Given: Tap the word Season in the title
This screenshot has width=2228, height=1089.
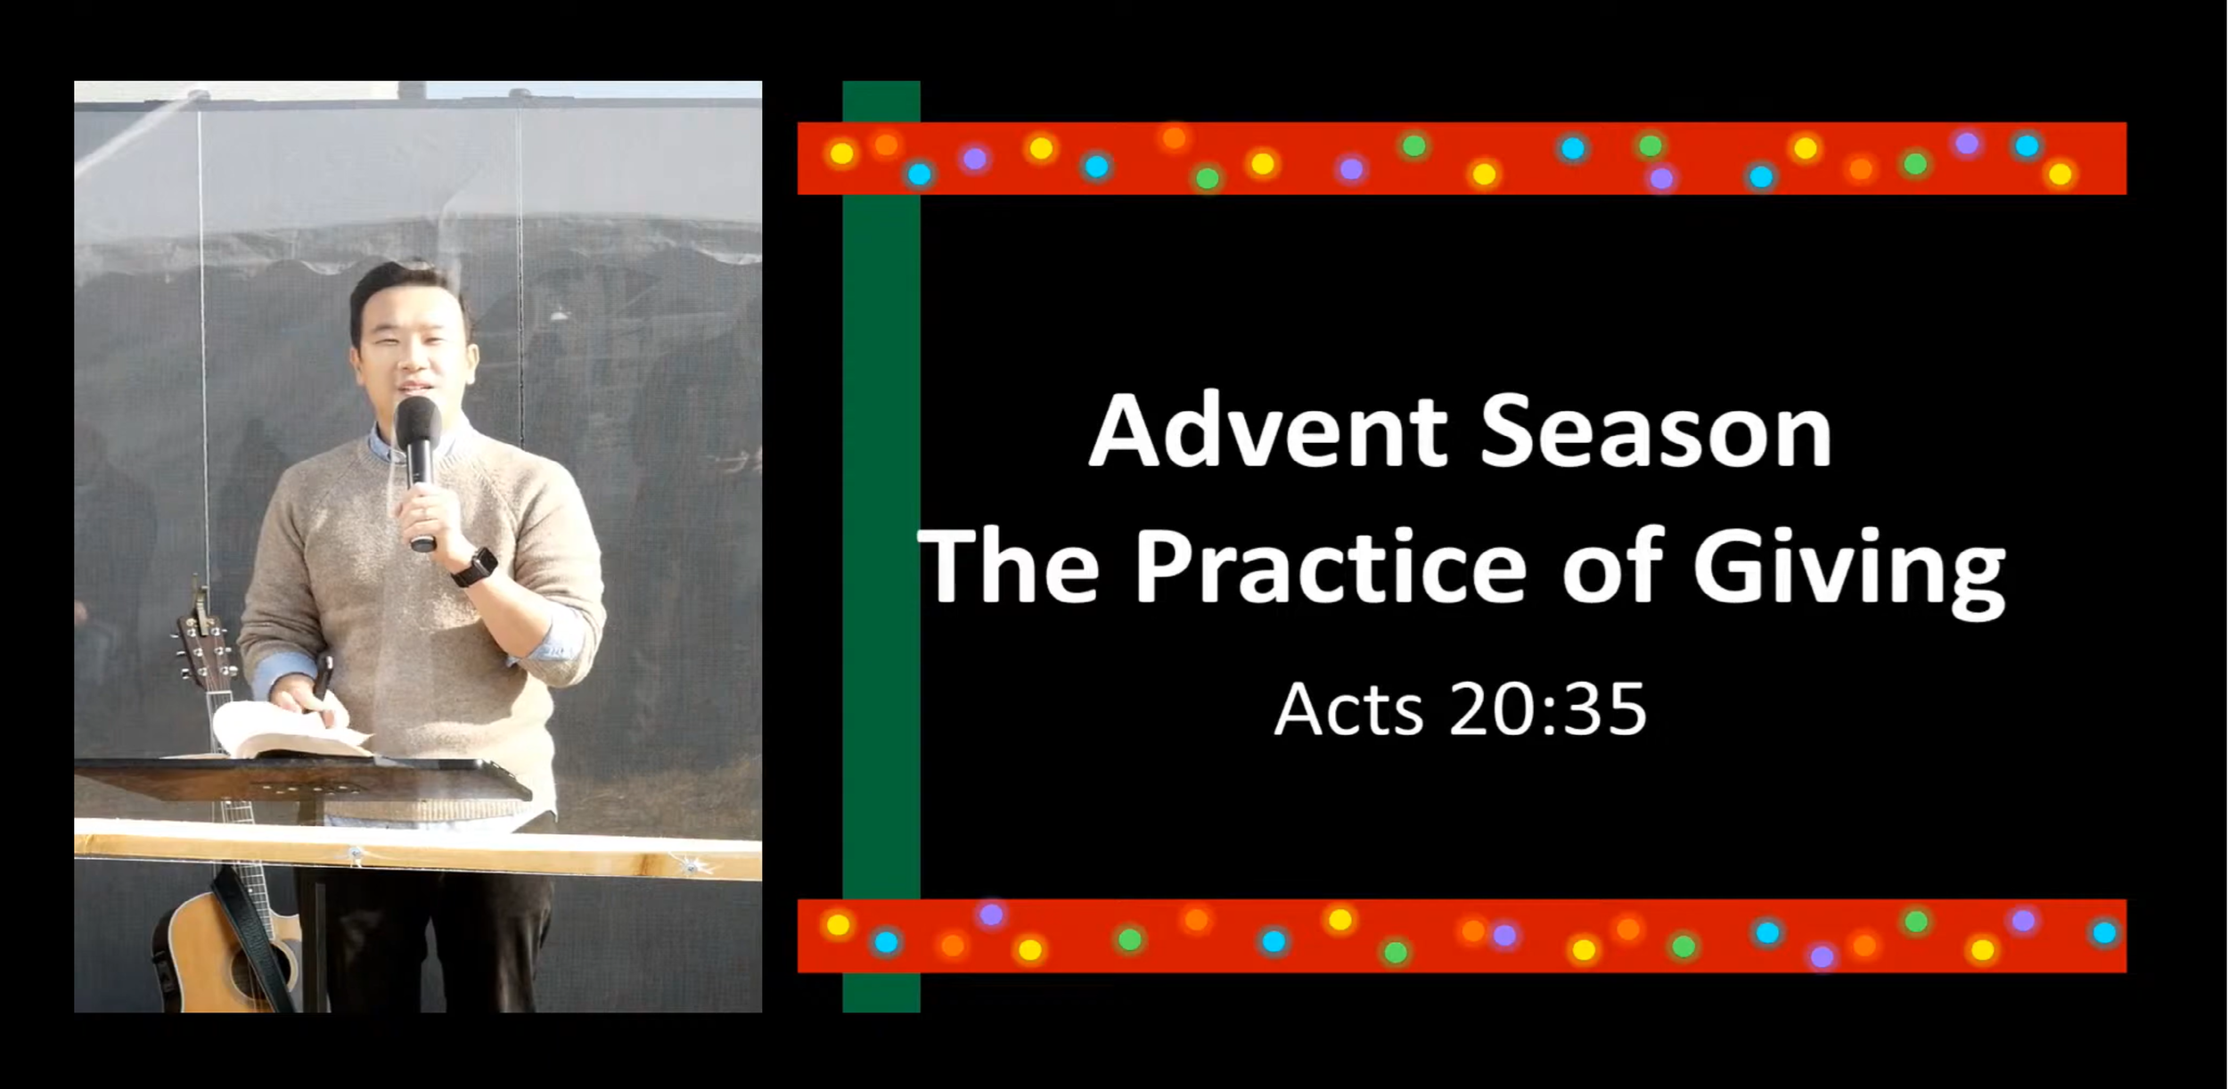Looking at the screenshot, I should pyautogui.click(x=1656, y=432).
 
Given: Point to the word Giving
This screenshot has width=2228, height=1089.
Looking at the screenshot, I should pyautogui.click(x=1848, y=570).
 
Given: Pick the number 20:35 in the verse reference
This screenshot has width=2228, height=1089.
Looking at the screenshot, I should pyautogui.click(x=1548, y=710).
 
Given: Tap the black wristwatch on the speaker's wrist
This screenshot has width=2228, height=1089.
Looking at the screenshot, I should pyautogui.click(x=474, y=568).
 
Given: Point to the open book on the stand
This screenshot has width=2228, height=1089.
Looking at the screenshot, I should pyautogui.click(x=285, y=731).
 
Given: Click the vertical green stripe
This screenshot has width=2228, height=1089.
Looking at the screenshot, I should pyautogui.click(x=881, y=535).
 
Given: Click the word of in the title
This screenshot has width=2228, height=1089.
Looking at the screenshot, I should pyautogui.click(x=1612, y=568).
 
